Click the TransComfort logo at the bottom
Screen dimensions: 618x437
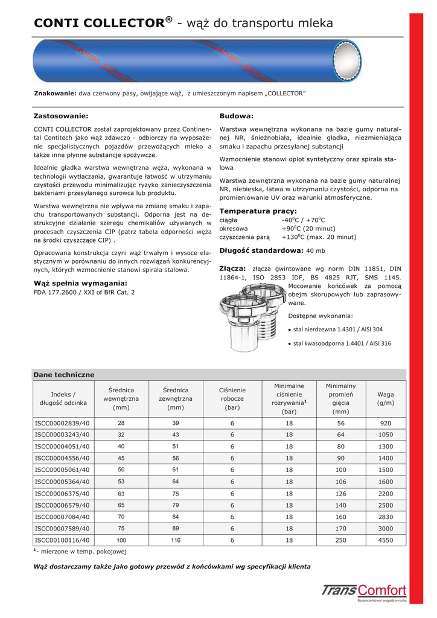(364, 592)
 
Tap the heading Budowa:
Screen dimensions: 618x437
(236, 115)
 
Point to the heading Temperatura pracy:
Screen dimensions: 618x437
(258, 211)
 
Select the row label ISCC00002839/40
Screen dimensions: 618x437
(62, 424)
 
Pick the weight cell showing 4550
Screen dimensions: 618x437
(386, 540)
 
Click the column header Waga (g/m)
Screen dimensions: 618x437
(386, 398)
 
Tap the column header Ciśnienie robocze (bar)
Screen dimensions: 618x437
(232, 399)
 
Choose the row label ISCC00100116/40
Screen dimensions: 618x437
(62, 540)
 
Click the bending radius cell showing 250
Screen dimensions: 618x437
(340, 540)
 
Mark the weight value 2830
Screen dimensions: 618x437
(386, 517)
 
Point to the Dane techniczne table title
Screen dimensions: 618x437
(64, 375)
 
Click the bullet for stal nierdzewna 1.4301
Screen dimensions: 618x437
(290, 330)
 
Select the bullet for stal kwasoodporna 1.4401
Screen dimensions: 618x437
(290, 343)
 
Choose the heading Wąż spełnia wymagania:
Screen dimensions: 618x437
(80, 282)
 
